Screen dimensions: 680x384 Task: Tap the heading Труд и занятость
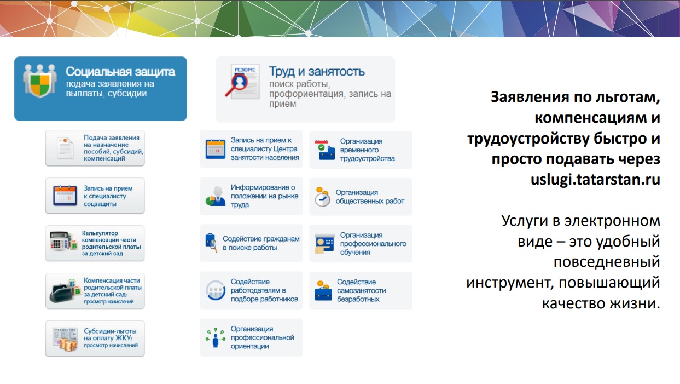click(317, 71)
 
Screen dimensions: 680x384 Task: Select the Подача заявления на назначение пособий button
click(95, 148)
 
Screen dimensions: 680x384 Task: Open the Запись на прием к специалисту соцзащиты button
click(95, 196)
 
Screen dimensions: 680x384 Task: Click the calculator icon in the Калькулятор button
click(60, 241)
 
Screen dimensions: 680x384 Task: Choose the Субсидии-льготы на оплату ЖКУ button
click(95, 339)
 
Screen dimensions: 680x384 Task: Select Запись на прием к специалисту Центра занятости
click(251, 149)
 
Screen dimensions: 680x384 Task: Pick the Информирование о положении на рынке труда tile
click(251, 196)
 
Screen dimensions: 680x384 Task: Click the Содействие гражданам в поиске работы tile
click(251, 243)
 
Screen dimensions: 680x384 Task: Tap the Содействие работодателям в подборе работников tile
click(251, 290)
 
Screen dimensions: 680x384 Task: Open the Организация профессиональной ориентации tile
click(251, 337)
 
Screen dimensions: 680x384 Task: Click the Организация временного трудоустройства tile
click(361, 150)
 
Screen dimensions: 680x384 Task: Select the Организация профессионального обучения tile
click(361, 244)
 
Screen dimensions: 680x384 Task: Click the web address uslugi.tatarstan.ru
click(595, 179)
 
